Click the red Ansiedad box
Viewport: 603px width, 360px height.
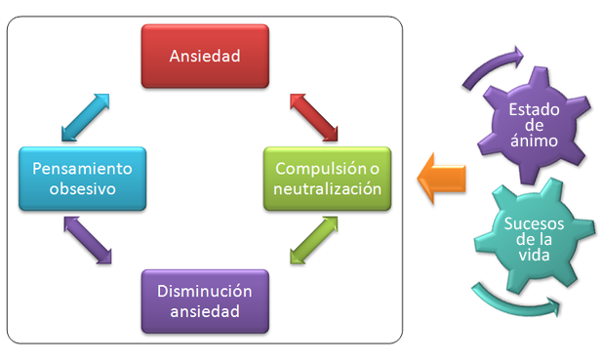pyautogui.click(x=204, y=56)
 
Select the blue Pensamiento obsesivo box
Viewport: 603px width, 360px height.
pyautogui.click(x=82, y=178)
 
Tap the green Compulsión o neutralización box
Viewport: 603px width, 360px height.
pyautogui.click(x=327, y=179)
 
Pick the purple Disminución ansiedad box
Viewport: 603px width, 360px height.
pyautogui.click(x=204, y=301)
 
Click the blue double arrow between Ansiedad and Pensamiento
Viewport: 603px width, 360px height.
pyautogui.click(x=85, y=117)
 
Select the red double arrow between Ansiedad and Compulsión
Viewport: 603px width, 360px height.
pyautogui.click(x=314, y=117)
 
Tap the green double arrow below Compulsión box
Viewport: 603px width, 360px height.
pyautogui.click(x=314, y=240)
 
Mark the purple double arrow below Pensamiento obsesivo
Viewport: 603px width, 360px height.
pyautogui.click(x=88, y=240)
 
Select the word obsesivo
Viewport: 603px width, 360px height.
pyautogui.click(x=82, y=189)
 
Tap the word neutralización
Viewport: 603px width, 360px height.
pyautogui.click(x=327, y=189)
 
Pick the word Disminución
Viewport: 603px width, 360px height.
pyautogui.click(x=204, y=291)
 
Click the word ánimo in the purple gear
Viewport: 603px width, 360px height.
pyautogui.click(x=533, y=141)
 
